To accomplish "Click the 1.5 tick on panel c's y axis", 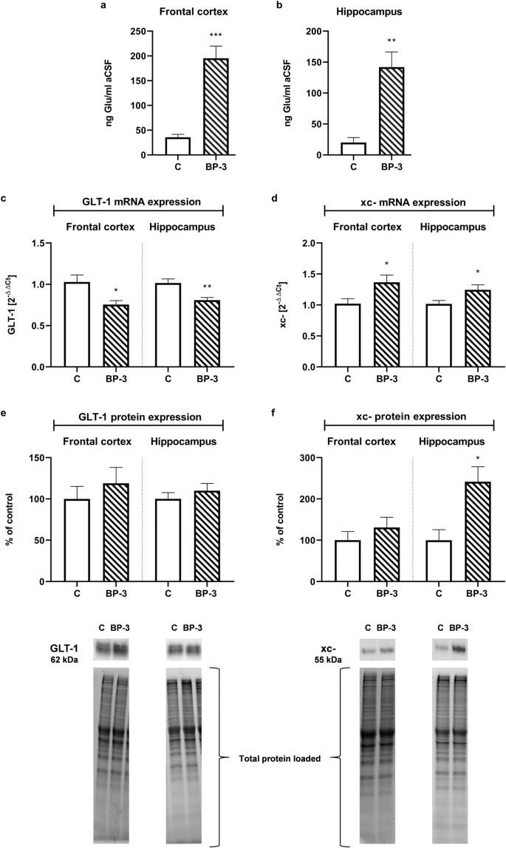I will (42, 243).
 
